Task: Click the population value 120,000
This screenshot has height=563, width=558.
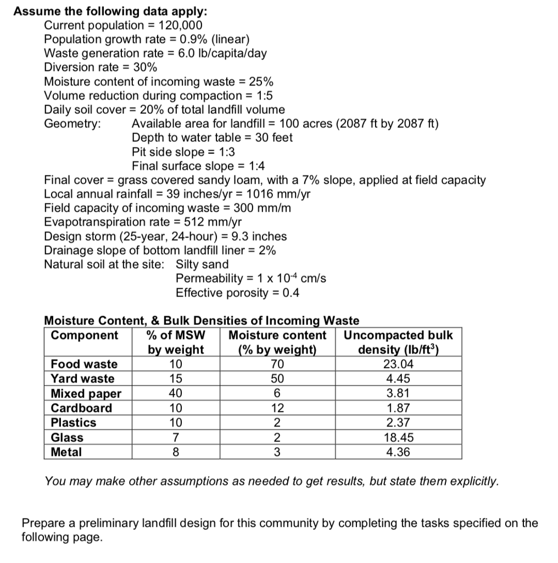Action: point(180,25)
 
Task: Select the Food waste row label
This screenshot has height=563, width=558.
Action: point(84,364)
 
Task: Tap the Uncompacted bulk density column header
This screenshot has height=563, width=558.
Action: point(398,343)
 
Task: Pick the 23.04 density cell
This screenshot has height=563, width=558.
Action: point(398,364)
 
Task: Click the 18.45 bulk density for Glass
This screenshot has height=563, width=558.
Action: point(398,438)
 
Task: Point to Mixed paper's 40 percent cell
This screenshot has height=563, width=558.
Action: point(176,394)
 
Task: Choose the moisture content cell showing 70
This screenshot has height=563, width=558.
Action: point(277,364)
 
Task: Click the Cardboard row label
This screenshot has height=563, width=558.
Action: point(81,408)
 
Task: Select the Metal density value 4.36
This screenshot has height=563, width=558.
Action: point(398,452)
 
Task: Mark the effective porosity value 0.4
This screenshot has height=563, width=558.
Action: point(291,292)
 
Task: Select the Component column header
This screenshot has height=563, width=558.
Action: point(84,335)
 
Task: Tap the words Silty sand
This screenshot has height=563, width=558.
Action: point(202,264)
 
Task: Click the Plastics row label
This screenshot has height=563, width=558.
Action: point(74,423)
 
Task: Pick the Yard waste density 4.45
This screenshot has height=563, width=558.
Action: point(398,379)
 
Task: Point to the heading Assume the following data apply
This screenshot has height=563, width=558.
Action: point(110,11)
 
